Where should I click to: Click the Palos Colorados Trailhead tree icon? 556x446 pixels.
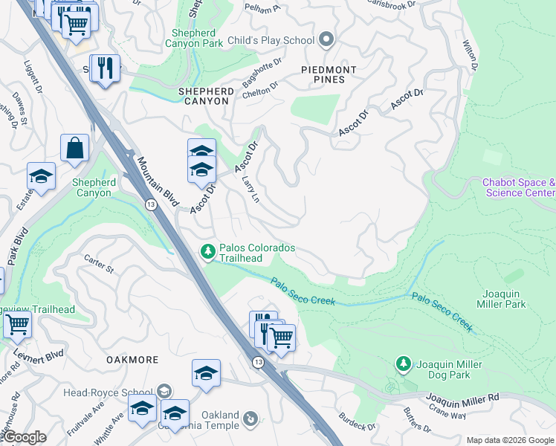(208, 253)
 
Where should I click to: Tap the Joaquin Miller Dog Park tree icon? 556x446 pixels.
(403, 364)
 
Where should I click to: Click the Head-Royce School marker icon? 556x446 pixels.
(164, 391)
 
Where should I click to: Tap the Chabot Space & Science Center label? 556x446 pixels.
(519, 187)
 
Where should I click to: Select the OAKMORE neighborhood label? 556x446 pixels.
(132, 360)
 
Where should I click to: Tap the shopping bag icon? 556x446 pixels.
(75, 148)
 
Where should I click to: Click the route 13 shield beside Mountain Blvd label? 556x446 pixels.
(151, 204)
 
